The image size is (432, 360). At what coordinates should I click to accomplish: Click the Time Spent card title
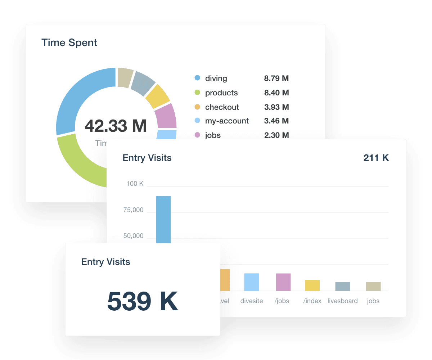click(x=69, y=42)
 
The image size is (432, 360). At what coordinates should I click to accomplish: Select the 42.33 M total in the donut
click(x=116, y=126)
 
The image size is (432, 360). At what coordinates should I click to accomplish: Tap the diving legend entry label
click(x=216, y=78)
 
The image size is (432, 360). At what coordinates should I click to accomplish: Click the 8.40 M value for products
click(x=276, y=93)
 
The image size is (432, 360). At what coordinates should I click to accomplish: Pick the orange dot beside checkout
click(x=197, y=107)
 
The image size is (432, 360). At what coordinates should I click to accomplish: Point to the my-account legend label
click(x=227, y=121)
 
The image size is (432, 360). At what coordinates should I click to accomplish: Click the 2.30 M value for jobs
click(x=276, y=135)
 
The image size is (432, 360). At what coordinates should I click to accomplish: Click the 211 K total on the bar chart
click(x=376, y=158)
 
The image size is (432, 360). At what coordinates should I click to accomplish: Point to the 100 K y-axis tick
click(x=135, y=184)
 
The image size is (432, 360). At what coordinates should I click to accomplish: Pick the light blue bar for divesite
click(x=251, y=282)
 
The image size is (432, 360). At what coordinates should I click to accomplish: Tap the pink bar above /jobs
click(x=283, y=282)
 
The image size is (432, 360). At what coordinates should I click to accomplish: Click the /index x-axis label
click(x=312, y=301)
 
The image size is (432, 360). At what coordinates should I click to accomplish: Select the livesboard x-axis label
click(x=342, y=301)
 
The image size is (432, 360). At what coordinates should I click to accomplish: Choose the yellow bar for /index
click(x=312, y=285)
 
